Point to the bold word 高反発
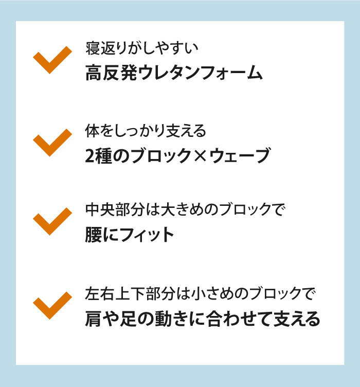click(111, 73)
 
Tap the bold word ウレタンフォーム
click(200, 73)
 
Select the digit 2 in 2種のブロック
click(89, 156)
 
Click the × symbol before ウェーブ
click(200, 156)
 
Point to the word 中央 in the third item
click(100, 209)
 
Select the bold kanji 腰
click(94, 235)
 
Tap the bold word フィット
click(148, 235)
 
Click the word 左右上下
click(115, 294)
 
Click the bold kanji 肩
click(94, 319)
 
